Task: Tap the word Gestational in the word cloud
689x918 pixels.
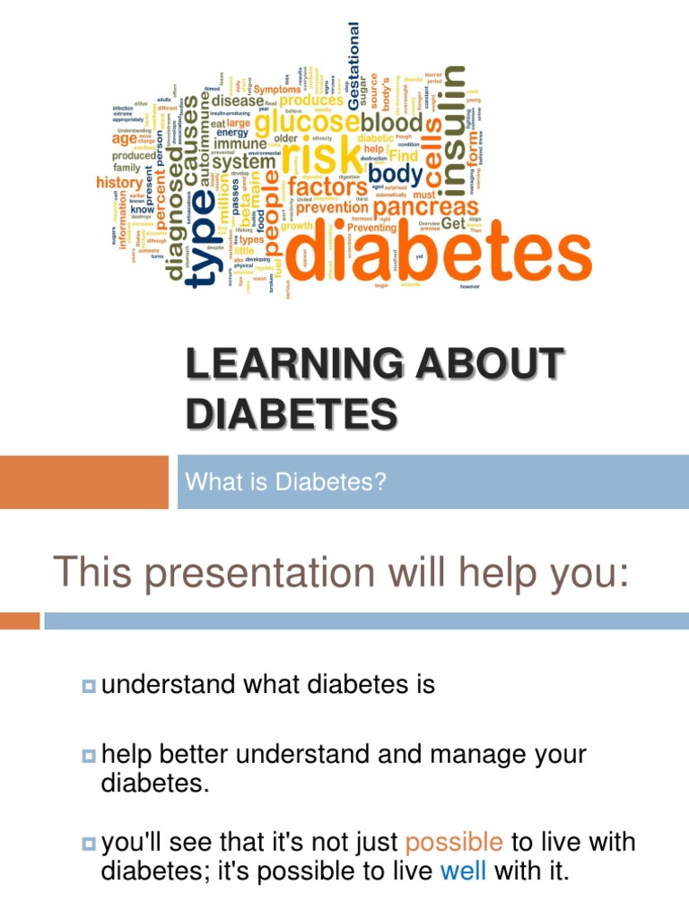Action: click(x=353, y=67)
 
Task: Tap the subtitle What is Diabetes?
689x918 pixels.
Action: click(x=285, y=482)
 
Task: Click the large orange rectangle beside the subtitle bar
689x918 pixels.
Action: click(x=83, y=481)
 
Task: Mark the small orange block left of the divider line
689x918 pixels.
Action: click(x=20, y=620)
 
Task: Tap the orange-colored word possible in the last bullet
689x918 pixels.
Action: click(x=454, y=842)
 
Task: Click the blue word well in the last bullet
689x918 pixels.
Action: click(x=464, y=870)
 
